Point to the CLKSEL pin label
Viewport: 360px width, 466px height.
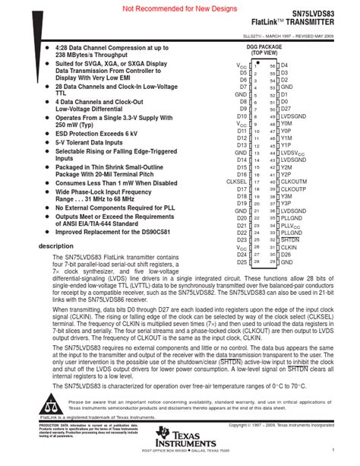click(236, 182)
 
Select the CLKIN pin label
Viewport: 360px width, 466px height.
click(289, 247)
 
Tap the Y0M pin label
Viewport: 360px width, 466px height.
click(286, 123)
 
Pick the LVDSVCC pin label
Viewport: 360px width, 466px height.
click(294, 152)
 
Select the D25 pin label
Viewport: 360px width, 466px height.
click(242, 262)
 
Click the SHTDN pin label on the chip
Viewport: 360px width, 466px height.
click(289, 239)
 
